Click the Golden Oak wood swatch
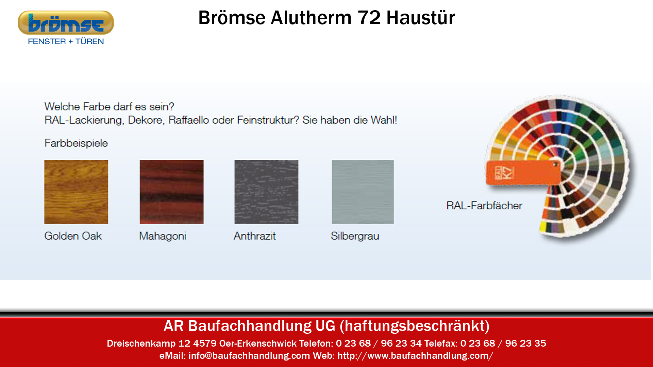76,192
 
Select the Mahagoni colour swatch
171,192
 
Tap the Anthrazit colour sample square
266,192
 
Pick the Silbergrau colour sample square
363,192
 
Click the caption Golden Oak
73,236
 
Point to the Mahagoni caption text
163,236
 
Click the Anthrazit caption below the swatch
255,236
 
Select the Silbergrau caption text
355,236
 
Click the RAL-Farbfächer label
484,206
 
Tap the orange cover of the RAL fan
523,173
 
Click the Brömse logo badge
66,23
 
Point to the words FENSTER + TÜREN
66,41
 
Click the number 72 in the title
369,18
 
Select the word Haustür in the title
421,18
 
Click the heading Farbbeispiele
76,143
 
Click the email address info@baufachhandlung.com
249,356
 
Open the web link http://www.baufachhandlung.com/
415,356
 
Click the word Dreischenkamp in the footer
141,344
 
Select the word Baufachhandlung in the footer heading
250,326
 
